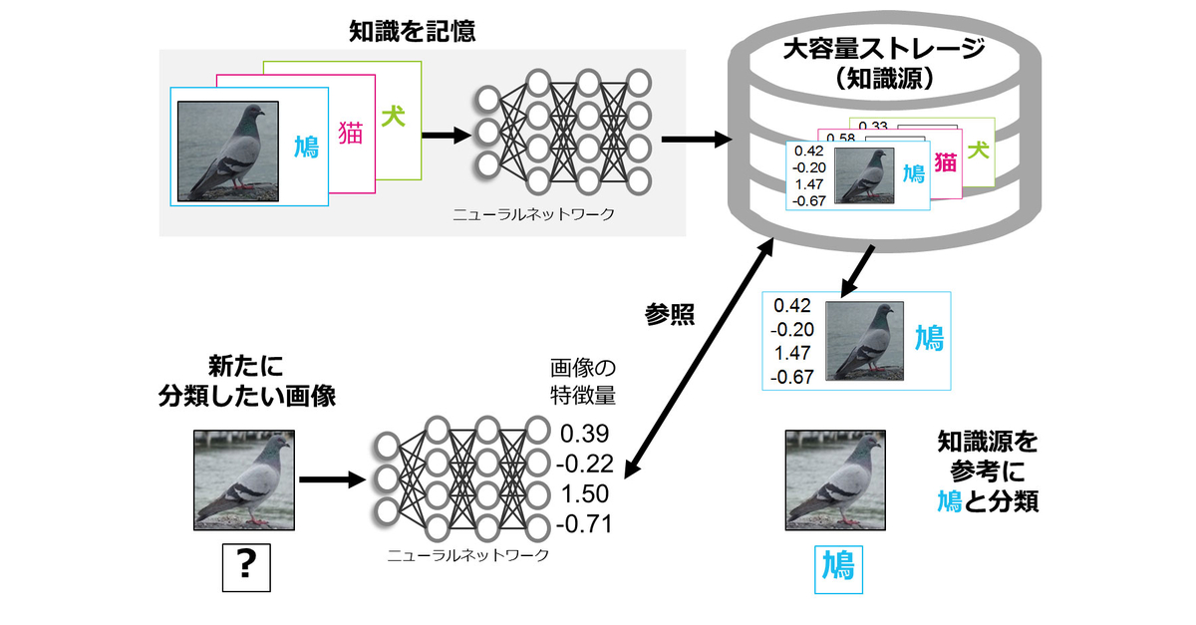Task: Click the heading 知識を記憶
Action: [x=412, y=31]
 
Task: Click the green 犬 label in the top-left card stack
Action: [x=394, y=116]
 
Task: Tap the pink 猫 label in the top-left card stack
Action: [x=351, y=135]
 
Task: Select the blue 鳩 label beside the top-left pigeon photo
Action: [x=306, y=149]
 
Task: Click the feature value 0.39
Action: [x=584, y=434]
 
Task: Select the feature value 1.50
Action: [x=584, y=494]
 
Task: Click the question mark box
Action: [x=243, y=566]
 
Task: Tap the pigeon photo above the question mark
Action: [x=243, y=478]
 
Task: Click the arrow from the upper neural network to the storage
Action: [x=694, y=140]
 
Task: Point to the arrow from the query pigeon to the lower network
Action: [x=331, y=480]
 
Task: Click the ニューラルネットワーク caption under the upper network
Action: [x=533, y=213]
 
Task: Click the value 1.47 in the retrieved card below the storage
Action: [x=792, y=352]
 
